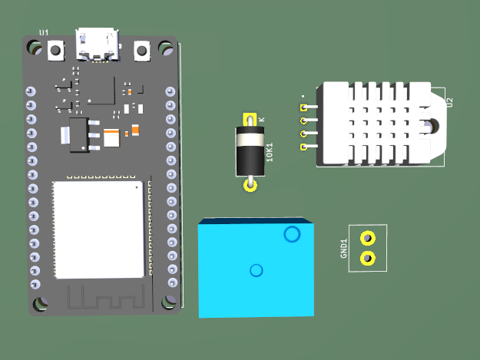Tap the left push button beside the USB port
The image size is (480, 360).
coord(56,51)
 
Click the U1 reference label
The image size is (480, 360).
coord(44,32)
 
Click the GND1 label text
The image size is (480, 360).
coord(344,248)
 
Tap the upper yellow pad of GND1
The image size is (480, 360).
coord(368,239)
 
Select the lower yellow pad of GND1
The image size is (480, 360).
coord(368,258)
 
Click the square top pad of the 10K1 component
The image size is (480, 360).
coord(250,121)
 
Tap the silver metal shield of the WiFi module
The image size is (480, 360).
coord(98,229)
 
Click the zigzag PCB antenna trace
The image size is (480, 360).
coord(100,297)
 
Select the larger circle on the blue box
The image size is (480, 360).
coord(292,234)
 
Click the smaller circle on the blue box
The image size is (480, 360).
coord(257,269)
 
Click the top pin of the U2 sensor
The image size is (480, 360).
coord(304,107)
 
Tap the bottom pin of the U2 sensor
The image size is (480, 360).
coord(304,147)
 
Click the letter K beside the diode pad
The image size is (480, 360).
coord(262,119)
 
